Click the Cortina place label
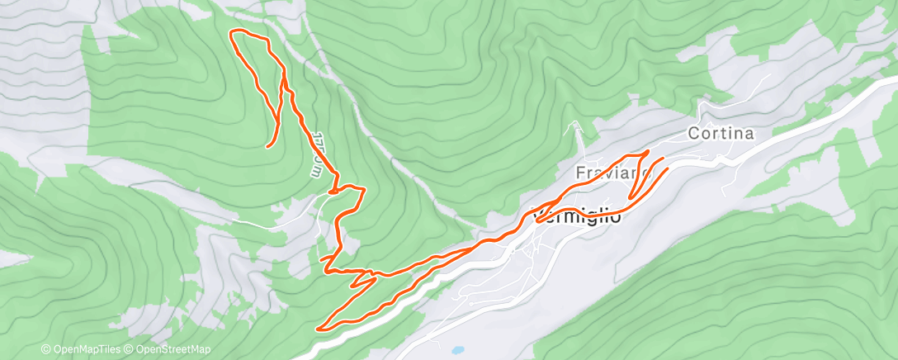pyautogui.click(x=721, y=133)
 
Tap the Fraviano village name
pyautogui.click(x=608, y=173)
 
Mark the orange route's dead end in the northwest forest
pyautogui.click(x=267, y=147)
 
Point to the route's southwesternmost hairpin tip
pyautogui.click(x=319, y=328)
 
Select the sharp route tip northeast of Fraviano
pyautogui.click(x=648, y=152)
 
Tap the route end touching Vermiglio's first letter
pyautogui.click(x=538, y=220)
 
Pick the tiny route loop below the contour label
pyautogui.click(x=332, y=191)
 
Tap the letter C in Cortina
pyautogui.click(x=694, y=133)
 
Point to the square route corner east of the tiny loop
pyautogui.click(x=362, y=189)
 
